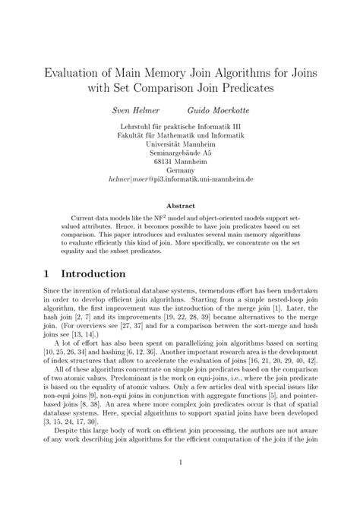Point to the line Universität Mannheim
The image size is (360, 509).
[x=180, y=142]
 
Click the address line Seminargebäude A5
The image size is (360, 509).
[x=180, y=152]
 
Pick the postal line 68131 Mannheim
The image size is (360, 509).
[x=180, y=162]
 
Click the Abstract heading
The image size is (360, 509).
[x=180, y=205]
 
